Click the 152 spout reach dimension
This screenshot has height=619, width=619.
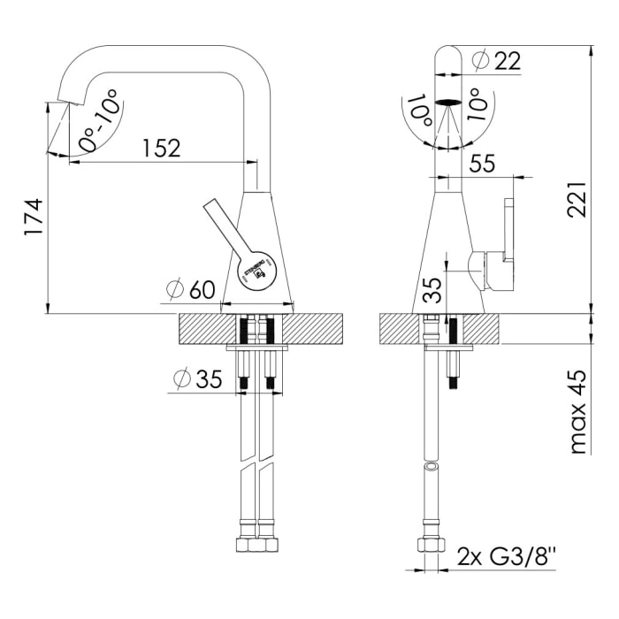(160, 148)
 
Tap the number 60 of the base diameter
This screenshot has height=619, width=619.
(203, 288)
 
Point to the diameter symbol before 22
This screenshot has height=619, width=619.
(481, 61)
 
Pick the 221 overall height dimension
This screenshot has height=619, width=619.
(577, 205)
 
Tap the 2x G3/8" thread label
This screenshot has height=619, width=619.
(508, 557)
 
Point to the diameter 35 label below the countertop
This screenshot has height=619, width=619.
(197, 379)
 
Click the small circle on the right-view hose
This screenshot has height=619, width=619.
(431, 465)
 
